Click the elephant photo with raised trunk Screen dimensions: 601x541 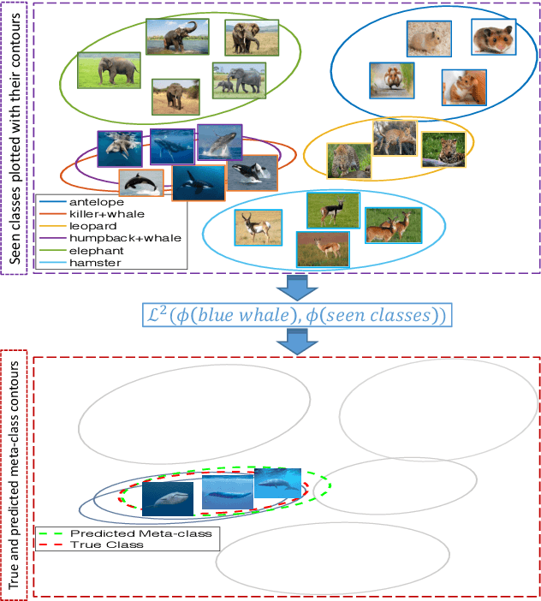point(177,38)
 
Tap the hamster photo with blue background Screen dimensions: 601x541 point(492,38)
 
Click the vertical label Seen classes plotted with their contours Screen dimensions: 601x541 point(15,137)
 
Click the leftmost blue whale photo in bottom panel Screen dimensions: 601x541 point(167,497)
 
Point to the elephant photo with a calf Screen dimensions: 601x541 point(239,80)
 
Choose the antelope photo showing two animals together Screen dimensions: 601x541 point(393,225)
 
